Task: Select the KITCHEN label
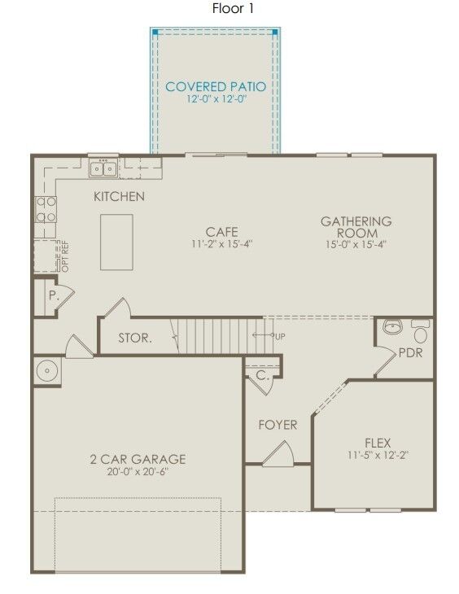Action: [x=119, y=196]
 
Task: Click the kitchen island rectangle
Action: [x=116, y=242]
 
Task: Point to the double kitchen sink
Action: [x=103, y=168]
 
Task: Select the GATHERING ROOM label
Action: [x=356, y=227]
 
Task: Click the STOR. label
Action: [x=134, y=338]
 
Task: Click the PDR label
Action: [x=410, y=354]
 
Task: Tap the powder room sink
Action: [x=393, y=328]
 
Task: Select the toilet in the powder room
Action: [x=421, y=332]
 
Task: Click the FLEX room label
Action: [x=378, y=443]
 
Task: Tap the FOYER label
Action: [x=278, y=425]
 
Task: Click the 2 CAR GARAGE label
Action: [x=138, y=459]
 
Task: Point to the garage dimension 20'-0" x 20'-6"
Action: [x=138, y=471]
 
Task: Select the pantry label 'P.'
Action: [x=53, y=296]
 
